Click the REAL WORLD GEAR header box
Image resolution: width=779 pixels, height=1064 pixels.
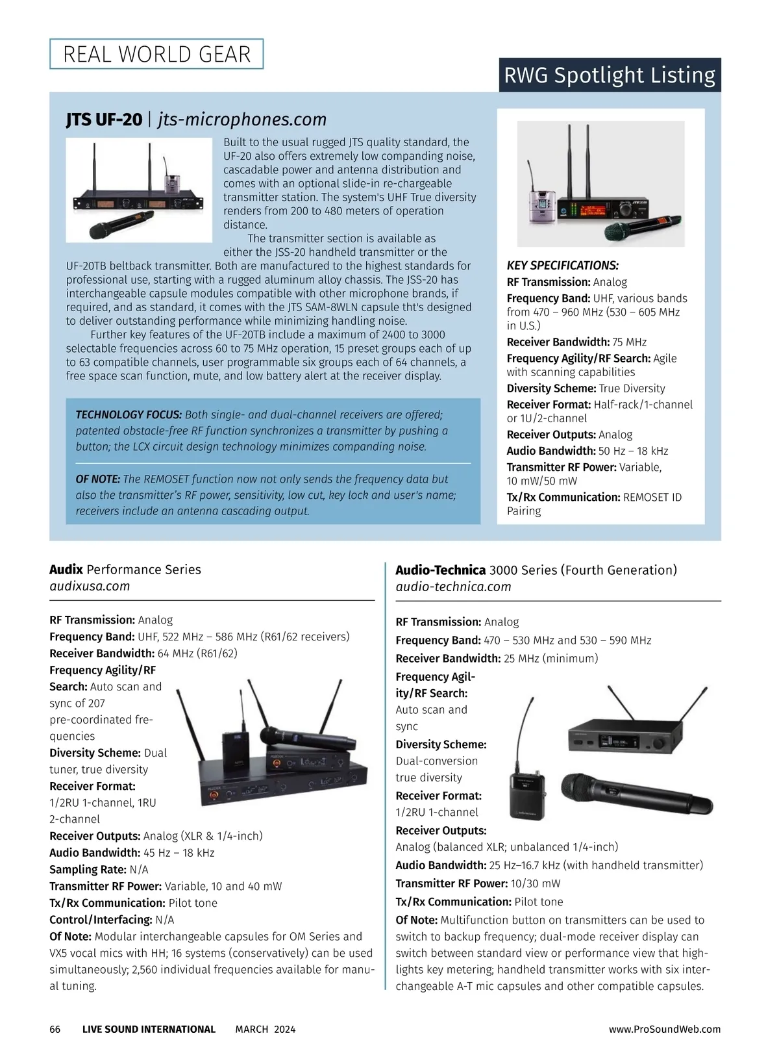[x=156, y=54]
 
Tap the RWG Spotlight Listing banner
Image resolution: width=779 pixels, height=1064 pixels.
[x=609, y=75]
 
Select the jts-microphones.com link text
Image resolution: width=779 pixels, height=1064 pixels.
[x=242, y=120]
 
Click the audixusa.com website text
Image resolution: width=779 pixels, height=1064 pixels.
[x=90, y=586]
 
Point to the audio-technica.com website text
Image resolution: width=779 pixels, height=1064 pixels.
[x=453, y=587]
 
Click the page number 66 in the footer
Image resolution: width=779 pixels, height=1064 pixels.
[x=55, y=1029]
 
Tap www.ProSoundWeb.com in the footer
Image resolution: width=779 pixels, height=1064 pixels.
[x=665, y=1029]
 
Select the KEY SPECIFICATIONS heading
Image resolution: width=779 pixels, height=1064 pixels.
[x=562, y=265]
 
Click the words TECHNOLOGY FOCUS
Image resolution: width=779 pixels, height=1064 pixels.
[x=129, y=414]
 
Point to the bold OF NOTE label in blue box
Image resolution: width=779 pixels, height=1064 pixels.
[x=98, y=479]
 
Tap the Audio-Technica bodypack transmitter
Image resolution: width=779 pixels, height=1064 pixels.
[x=527, y=794]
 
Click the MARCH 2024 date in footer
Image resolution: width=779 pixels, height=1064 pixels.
[x=265, y=1029]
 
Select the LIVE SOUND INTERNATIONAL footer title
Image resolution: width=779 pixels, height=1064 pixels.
[x=149, y=1029]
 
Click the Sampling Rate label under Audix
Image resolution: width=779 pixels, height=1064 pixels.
[x=88, y=869]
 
